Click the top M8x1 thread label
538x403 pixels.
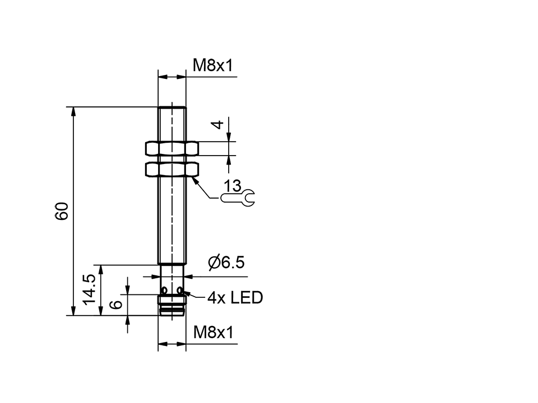tap(212, 65)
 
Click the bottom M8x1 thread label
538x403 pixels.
tap(212, 333)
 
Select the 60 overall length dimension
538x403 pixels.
tap(61, 211)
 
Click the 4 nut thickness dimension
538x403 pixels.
tap(219, 124)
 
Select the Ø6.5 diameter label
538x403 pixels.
tap(226, 263)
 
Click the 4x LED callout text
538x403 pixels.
tap(235, 298)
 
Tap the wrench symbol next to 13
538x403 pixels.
tap(238, 198)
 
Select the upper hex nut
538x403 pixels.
tap(171, 148)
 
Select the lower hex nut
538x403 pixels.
tap(171, 169)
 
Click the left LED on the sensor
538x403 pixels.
tap(164, 290)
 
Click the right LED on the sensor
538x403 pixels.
tap(180, 290)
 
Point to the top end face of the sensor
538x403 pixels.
tap(171, 107)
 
